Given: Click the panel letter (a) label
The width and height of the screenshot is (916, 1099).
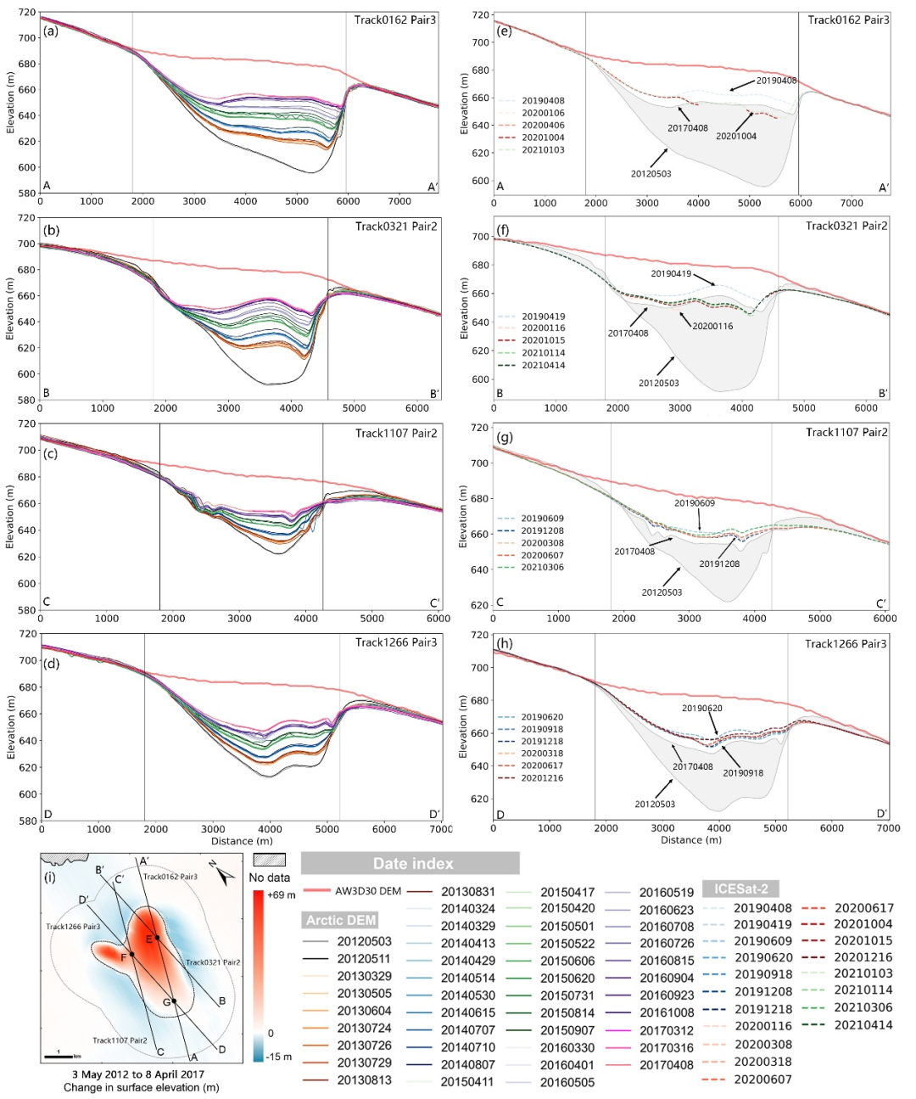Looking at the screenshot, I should pos(52,31).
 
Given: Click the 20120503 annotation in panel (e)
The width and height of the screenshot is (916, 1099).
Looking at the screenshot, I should pos(651,174).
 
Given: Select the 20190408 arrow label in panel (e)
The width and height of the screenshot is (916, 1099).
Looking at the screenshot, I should pos(776,81).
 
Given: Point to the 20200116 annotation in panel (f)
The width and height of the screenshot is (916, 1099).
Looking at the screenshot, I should pos(712,326).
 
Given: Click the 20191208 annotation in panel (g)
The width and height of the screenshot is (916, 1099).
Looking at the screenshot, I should pos(719,564).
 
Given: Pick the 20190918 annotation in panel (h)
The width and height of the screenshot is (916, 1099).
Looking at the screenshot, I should pos(743,773).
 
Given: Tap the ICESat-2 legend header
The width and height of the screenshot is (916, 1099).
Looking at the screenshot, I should pos(740,889).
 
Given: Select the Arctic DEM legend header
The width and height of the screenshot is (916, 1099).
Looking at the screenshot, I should pos(341,920).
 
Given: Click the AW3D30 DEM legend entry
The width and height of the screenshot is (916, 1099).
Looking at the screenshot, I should pos(368,891).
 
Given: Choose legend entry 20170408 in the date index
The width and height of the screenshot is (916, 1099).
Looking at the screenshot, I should pos(666,1064).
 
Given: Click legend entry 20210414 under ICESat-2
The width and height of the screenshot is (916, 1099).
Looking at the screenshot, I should pos(863,1025).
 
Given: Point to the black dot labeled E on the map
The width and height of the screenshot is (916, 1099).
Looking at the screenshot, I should pos(157,938).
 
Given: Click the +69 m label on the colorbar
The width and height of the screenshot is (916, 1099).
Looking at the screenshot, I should pos(281,895).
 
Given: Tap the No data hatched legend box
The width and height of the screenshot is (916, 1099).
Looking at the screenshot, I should pos(269,860).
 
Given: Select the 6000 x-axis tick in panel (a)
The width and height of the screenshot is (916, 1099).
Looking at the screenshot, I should pos(348,201).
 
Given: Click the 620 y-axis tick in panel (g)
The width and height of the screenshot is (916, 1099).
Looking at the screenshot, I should pos(480,605).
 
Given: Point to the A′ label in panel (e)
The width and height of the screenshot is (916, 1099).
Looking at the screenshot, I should pos(883,188).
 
